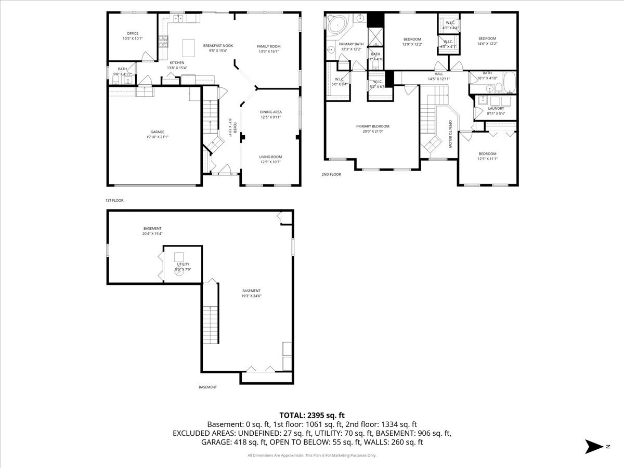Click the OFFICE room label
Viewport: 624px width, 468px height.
[x=133, y=33]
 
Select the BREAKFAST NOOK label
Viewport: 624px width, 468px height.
[x=218, y=46]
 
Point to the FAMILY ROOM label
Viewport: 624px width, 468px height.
[x=269, y=46]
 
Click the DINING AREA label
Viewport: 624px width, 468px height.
[x=271, y=112]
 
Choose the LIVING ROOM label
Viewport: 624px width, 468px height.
[x=271, y=157]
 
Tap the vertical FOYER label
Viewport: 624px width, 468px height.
[x=235, y=128]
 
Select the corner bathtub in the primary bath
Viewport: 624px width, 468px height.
[x=339, y=24]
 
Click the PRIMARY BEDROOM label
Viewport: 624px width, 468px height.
[x=372, y=126]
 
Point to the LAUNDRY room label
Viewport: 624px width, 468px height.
[x=496, y=108]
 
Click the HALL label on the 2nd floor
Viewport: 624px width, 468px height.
[x=439, y=74]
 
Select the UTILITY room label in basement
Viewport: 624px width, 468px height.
[x=183, y=264]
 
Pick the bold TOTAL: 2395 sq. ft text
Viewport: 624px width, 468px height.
[x=312, y=415]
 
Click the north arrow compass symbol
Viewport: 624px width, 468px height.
[x=593, y=446]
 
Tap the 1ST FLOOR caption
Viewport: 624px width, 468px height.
[x=114, y=200]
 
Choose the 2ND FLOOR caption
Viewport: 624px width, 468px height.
[x=331, y=174]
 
